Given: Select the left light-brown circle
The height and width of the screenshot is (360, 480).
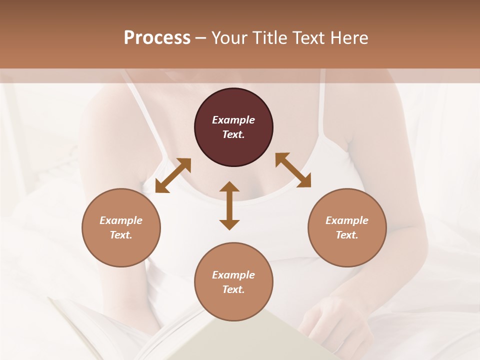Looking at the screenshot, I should tap(121, 227).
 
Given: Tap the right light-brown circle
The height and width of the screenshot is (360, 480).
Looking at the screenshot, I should tap(347, 227).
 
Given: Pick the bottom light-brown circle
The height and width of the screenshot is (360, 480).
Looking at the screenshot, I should tap(233, 282).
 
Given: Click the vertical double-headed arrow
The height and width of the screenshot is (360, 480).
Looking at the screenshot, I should tap(229, 205).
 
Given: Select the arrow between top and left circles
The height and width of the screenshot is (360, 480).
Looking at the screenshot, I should tap(173, 175).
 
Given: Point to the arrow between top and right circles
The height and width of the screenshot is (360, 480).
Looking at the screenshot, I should tap(293, 170).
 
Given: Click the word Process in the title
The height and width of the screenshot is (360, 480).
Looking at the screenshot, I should tap(157, 38).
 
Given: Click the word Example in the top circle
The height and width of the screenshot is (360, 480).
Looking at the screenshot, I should tap(233, 120).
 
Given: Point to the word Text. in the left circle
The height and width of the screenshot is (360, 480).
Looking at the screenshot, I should tap(121, 235).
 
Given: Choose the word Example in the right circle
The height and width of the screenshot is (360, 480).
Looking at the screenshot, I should tap(347, 220).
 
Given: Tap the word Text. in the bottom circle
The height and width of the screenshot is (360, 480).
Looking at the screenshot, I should tap(233, 289).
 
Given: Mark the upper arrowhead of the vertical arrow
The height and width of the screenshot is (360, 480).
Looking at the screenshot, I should tap(229, 187).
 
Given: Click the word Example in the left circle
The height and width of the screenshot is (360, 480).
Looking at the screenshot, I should tap(121, 220).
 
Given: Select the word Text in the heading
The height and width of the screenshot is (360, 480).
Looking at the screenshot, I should tap(308, 38).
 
